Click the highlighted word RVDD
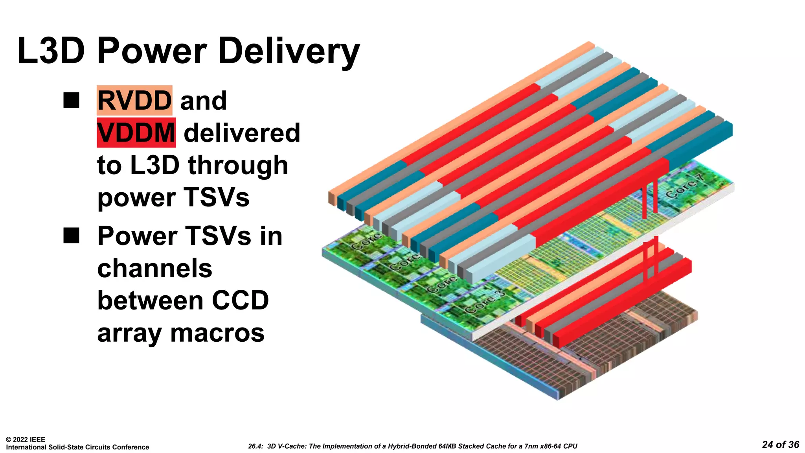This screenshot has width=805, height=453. (134, 101)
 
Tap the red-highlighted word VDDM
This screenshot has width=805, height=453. (136, 133)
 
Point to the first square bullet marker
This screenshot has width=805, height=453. (71, 100)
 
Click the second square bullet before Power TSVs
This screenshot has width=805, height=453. (71, 236)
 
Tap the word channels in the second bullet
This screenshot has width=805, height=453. (154, 268)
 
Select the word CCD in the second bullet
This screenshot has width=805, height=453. (240, 300)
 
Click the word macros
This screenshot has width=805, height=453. (217, 333)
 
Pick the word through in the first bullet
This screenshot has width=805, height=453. (238, 165)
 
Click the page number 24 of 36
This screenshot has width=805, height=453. (780, 445)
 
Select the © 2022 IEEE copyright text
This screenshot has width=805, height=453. (26, 440)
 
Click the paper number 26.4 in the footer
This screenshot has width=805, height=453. (255, 446)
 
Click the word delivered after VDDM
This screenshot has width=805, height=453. (242, 133)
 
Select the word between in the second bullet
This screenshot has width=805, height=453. (150, 300)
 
